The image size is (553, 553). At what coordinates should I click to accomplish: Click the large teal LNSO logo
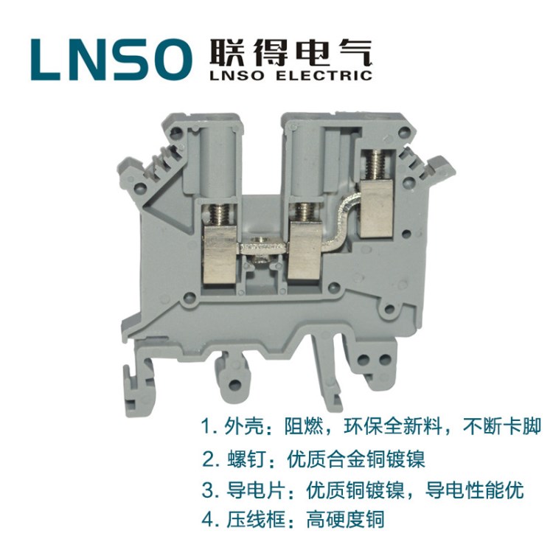click(x=111, y=59)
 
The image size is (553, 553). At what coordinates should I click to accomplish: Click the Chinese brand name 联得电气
click(x=291, y=53)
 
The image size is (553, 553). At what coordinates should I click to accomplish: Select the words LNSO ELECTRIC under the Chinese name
click(x=291, y=75)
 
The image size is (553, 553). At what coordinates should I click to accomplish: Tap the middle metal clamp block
click(x=305, y=253)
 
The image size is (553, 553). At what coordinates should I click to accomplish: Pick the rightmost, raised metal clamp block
click(x=376, y=211)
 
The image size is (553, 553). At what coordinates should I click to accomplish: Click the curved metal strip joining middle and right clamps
click(x=339, y=226)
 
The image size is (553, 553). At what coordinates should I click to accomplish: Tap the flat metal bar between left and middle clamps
click(x=262, y=248)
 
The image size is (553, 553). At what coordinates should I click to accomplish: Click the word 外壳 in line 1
click(x=244, y=427)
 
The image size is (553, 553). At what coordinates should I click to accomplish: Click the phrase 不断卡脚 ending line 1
click(x=501, y=427)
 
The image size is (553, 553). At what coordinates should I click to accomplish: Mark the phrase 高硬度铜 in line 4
click(x=345, y=521)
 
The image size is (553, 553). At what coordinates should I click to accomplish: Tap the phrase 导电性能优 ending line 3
click(x=474, y=490)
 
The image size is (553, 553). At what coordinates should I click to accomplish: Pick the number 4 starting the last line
click(x=209, y=521)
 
